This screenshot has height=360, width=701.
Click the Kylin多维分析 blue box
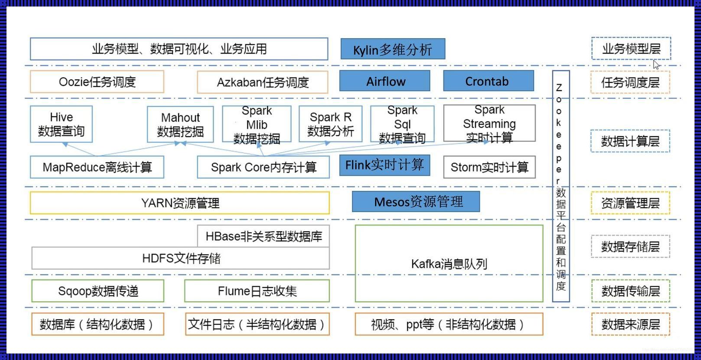click(x=392, y=49)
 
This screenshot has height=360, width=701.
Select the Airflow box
click(x=385, y=81)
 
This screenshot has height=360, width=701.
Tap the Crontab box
click(x=488, y=81)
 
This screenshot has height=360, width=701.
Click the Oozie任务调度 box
click(x=97, y=82)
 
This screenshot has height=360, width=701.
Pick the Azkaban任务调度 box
click(x=262, y=82)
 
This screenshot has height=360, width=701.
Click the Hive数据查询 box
click(x=61, y=124)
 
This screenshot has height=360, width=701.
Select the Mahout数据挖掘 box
click(x=180, y=124)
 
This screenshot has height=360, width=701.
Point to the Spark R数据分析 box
click(x=330, y=124)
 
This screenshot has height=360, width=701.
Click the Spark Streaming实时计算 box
click(x=489, y=123)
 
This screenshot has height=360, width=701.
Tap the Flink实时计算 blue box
click(x=385, y=165)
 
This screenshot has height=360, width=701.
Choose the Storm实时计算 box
click(x=489, y=167)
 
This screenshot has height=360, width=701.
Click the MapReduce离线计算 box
click(x=97, y=167)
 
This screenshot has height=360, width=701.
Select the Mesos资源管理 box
click(x=416, y=202)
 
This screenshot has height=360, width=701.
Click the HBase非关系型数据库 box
click(x=263, y=236)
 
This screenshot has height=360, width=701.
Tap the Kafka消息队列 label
click(x=449, y=263)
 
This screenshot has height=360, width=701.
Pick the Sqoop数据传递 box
click(x=98, y=291)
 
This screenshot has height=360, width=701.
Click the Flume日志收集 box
click(x=257, y=291)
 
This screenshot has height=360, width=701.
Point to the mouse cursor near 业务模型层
click(x=656, y=65)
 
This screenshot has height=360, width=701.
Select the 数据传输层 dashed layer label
click(x=630, y=291)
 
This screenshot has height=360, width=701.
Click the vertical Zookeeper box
click(x=561, y=187)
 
